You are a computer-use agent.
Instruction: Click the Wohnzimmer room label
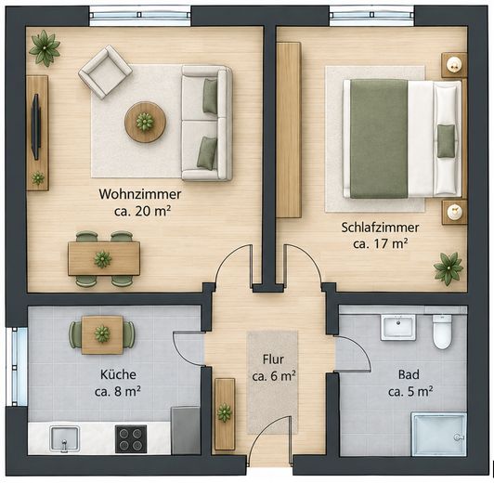pyautogui.click(x=140, y=194)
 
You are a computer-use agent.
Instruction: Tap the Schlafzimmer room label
pyautogui.click(x=381, y=228)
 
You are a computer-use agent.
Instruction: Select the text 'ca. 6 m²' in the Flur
pyautogui.click(x=274, y=376)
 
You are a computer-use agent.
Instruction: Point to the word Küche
pyautogui.click(x=118, y=374)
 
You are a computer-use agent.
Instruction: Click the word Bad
pyautogui.click(x=409, y=374)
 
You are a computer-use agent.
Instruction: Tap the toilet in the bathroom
pyautogui.click(x=442, y=332)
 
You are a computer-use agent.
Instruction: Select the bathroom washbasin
pyautogui.click(x=398, y=327)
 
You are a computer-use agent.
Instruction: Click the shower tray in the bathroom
pyautogui.click(x=438, y=434)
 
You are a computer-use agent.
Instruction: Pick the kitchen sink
pyautogui.click(x=65, y=439)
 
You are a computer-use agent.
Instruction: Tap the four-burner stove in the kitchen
pyautogui.click(x=131, y=439)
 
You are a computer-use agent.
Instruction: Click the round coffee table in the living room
pyautogui.click(x=145, y=122)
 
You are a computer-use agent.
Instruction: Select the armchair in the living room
pyautogui.click(x=105, y=72)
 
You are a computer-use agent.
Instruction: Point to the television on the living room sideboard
pyautogui.click(x=36, y=126)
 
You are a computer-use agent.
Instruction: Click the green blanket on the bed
pyautogui.click(x=379, y=138)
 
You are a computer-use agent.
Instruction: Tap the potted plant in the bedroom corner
pyautogui.click(x=448, y=268)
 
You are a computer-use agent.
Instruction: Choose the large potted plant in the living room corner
pyautogui.click(x=45, y=48)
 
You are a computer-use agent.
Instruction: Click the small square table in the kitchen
pyautogui.click(x=102, y=334)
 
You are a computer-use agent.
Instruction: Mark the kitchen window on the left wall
pyautogui.click(x=17, y=366)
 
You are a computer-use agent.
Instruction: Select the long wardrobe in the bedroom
pyautogui.click(x=289, y=130)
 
